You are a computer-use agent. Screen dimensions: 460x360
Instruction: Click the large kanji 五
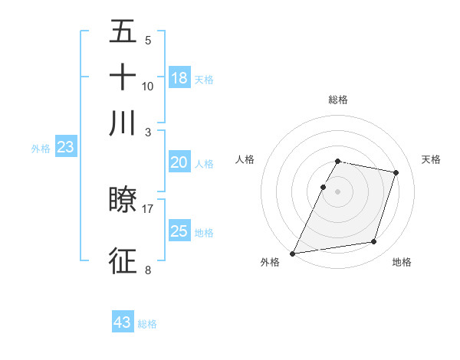123,33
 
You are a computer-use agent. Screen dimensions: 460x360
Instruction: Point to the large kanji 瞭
123,200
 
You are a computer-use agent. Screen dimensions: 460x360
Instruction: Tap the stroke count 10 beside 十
148,86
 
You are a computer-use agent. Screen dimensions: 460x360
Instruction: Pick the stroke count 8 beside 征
148,270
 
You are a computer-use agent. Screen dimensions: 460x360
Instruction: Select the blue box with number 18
179,77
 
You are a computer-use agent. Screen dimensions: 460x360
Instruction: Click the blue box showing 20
179,162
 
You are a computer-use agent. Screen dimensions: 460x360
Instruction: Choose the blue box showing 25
179,231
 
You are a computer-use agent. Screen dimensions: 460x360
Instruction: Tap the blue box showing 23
65,148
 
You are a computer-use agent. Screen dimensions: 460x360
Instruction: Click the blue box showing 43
123,322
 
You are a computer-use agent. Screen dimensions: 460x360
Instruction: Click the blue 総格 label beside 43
148,324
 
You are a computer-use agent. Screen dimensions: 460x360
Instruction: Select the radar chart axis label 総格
338,100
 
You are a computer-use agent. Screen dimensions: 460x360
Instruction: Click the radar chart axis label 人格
245,159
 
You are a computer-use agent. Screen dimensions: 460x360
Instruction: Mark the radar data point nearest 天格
396,172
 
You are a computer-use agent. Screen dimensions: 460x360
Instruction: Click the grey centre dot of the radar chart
338,191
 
